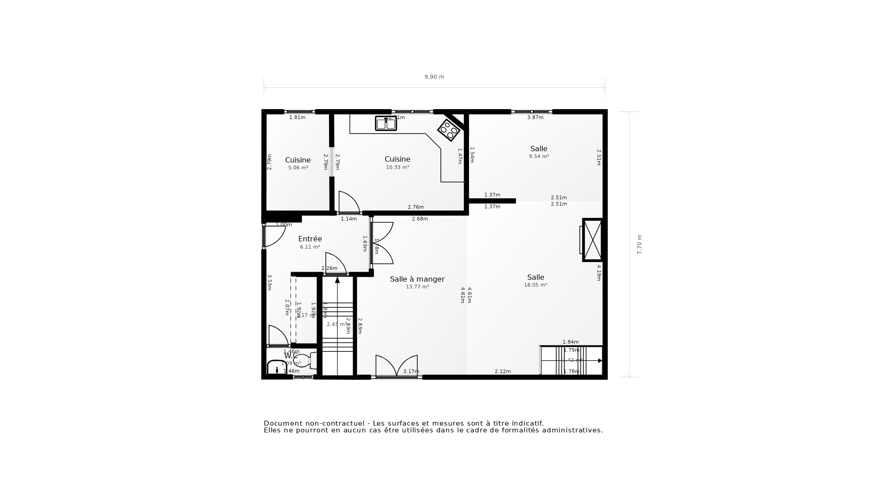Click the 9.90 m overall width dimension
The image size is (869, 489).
click(x=434, y=77)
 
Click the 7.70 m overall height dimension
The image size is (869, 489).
click(x=640, y=244)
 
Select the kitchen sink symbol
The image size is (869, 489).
click(x=386, y=124)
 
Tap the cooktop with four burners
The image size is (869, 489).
click(x=449, y=130)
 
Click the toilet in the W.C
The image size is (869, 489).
click(x=304, y=361)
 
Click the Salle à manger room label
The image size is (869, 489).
click(x=417, y=279)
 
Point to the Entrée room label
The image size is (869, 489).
click(x=310, y=239)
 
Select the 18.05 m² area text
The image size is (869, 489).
click(x=535, y=285)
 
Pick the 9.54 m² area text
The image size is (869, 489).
click(x=539, y=157)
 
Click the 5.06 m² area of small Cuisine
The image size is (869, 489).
click(x=298, y=168)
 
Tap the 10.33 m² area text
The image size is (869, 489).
click(x=397, y=168)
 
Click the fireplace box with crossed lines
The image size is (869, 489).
click(x=592, y=240)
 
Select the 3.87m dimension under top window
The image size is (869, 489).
click(x=535, y=118)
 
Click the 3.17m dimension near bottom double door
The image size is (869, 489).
click(x=411, y=372)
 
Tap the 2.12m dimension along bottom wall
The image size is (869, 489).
click(x=502, y=372)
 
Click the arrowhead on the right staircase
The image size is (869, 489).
click(x=600, y=361)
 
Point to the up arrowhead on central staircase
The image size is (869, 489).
click(x=337, y=280)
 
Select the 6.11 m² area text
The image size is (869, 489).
click(x=310, y=247)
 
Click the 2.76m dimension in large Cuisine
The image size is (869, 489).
click(x=415, y=207)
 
